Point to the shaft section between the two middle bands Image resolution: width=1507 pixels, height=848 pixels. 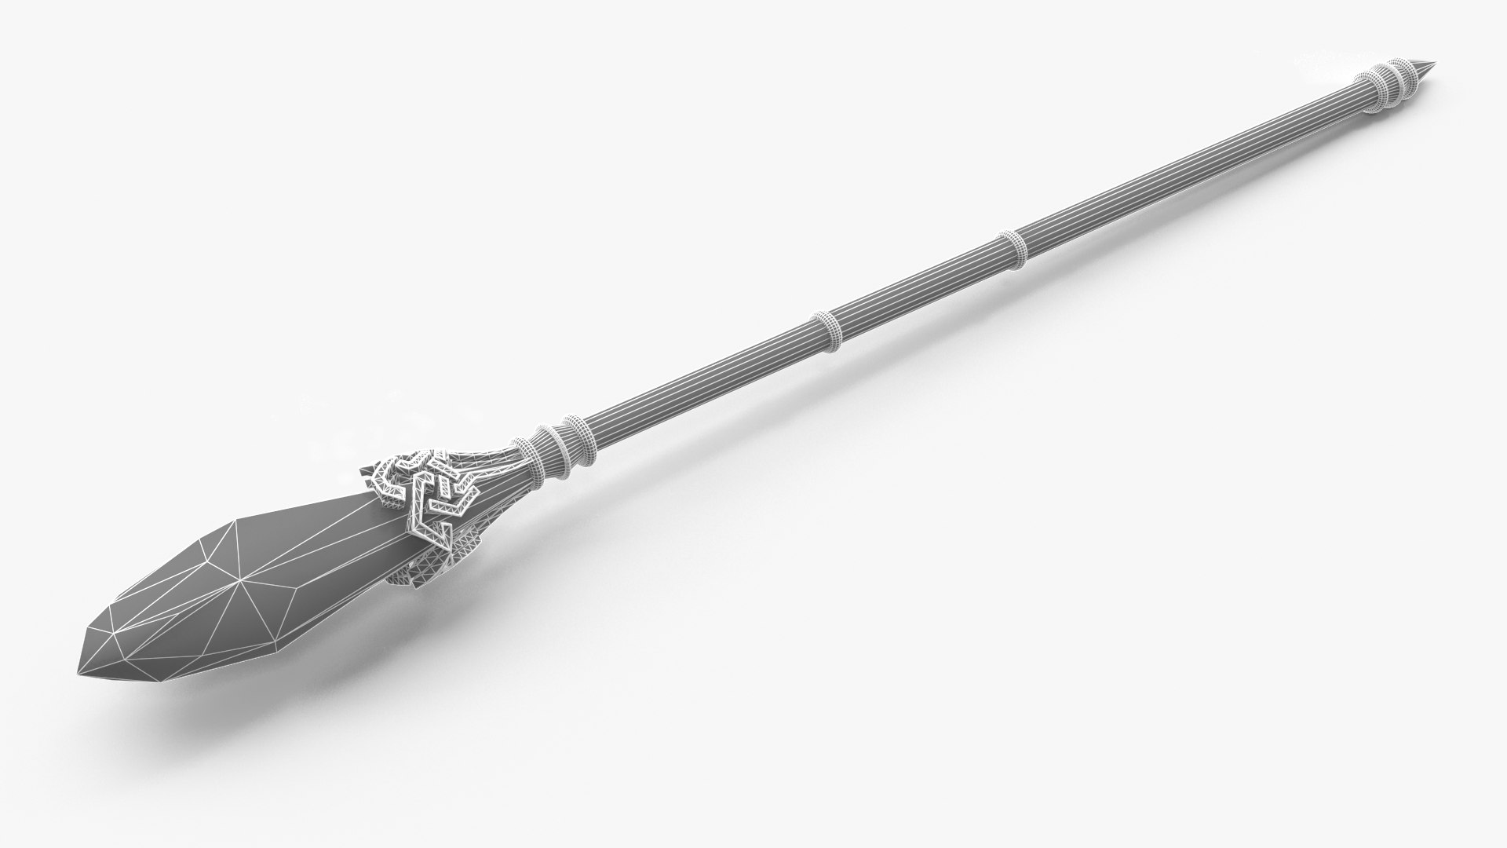[x=918, y=292]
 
